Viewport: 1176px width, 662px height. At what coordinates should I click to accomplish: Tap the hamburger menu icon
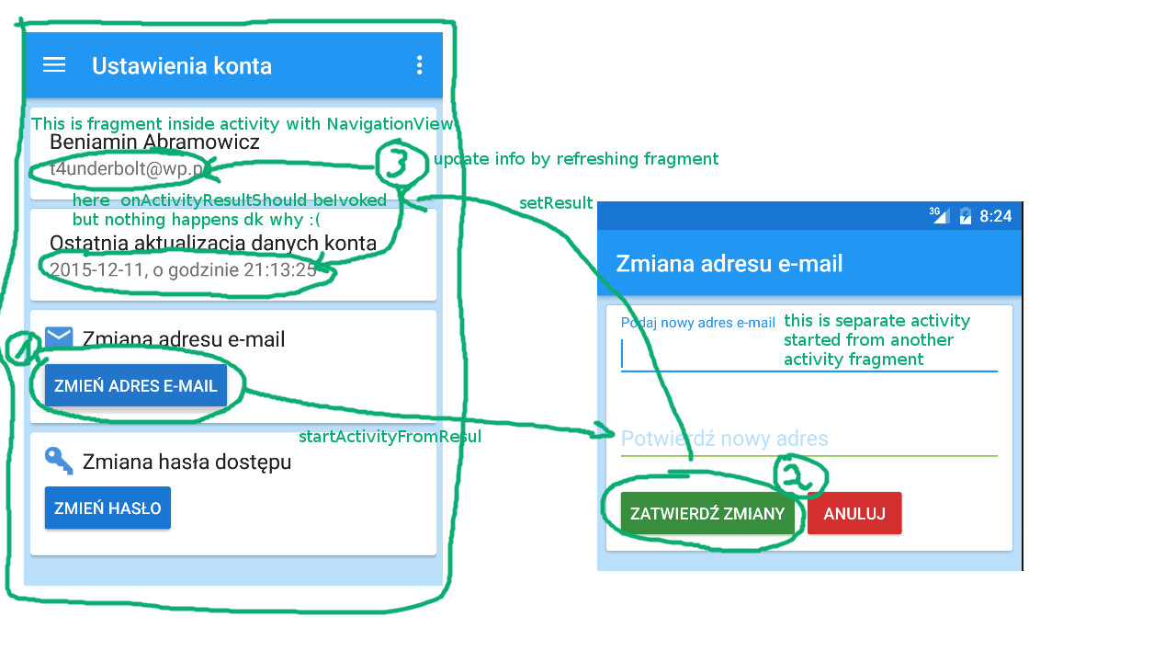pos(54,64)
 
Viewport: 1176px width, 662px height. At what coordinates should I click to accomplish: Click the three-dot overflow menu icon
pos(419,64)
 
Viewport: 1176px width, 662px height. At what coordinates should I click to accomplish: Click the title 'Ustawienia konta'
pos(182,66)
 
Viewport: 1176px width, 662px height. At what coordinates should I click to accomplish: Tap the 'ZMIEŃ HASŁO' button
pos(107,508)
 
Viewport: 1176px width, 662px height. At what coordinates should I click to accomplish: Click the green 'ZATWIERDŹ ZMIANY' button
pos(707,513)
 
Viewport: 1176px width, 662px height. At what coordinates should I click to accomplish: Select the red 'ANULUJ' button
pos(854,513)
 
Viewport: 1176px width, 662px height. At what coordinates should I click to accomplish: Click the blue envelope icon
pos(59,337)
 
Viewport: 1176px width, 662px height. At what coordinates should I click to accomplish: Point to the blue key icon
pos(59,460)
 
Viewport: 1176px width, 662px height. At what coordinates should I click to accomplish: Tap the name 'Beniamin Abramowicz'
pos(154,143)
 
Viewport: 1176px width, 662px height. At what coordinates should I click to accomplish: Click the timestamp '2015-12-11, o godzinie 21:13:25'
pos(183,269)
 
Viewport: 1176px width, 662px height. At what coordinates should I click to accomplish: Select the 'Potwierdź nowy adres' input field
pos(808,439)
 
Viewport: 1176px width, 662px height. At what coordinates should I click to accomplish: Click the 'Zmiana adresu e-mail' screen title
pos(729,264)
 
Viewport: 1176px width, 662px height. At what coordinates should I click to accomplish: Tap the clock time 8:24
pos(995,216)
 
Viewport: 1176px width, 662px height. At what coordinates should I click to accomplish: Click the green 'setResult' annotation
pos(556,204)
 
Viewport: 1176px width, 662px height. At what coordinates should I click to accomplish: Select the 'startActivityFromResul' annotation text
pos(390,437)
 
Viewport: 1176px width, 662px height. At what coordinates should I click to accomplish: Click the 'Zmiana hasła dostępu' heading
pos(187,462)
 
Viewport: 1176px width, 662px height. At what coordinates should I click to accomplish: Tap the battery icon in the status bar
pos(965,216)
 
